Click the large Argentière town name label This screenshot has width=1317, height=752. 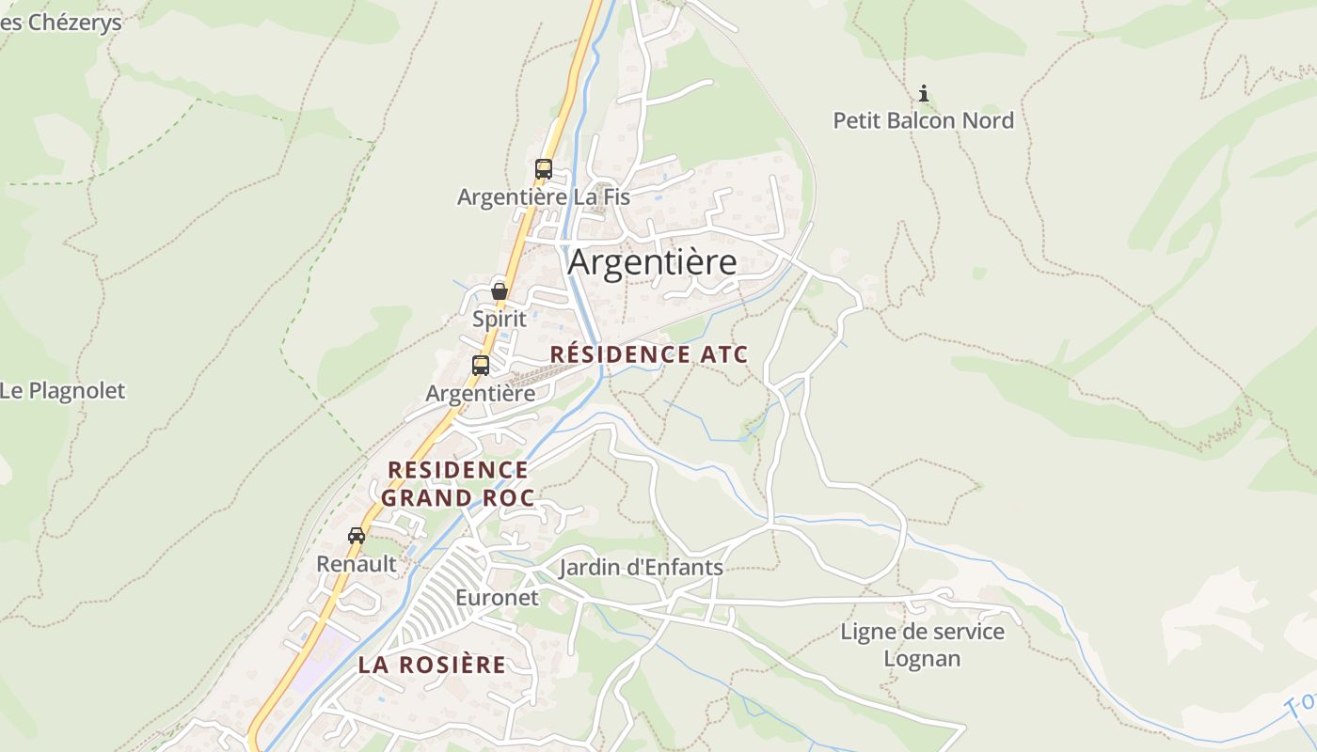point(652,262)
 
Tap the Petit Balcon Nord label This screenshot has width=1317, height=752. point(923,120)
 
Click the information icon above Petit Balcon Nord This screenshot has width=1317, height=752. point(924,93)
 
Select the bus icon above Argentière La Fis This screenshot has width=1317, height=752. point(543,169)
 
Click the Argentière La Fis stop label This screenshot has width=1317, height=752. point(543,197)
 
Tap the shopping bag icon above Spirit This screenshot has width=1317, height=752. point(500,291)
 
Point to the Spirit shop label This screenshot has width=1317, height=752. point(500,319)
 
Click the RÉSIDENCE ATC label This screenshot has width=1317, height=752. point(648,354)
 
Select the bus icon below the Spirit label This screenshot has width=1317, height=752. point(481,365)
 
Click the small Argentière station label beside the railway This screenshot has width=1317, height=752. point(480,393)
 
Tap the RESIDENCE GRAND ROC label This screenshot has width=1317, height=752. point(458,483)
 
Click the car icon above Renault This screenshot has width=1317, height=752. point(357,536)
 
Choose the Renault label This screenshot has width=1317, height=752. point(357,564)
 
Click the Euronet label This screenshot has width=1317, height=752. point(497,598)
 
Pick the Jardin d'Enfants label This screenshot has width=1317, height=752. point(641,568)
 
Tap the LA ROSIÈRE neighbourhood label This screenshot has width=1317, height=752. point(432,665)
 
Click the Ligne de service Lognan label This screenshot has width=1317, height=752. point(922,645)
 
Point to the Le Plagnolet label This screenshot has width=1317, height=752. point(62,391)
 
